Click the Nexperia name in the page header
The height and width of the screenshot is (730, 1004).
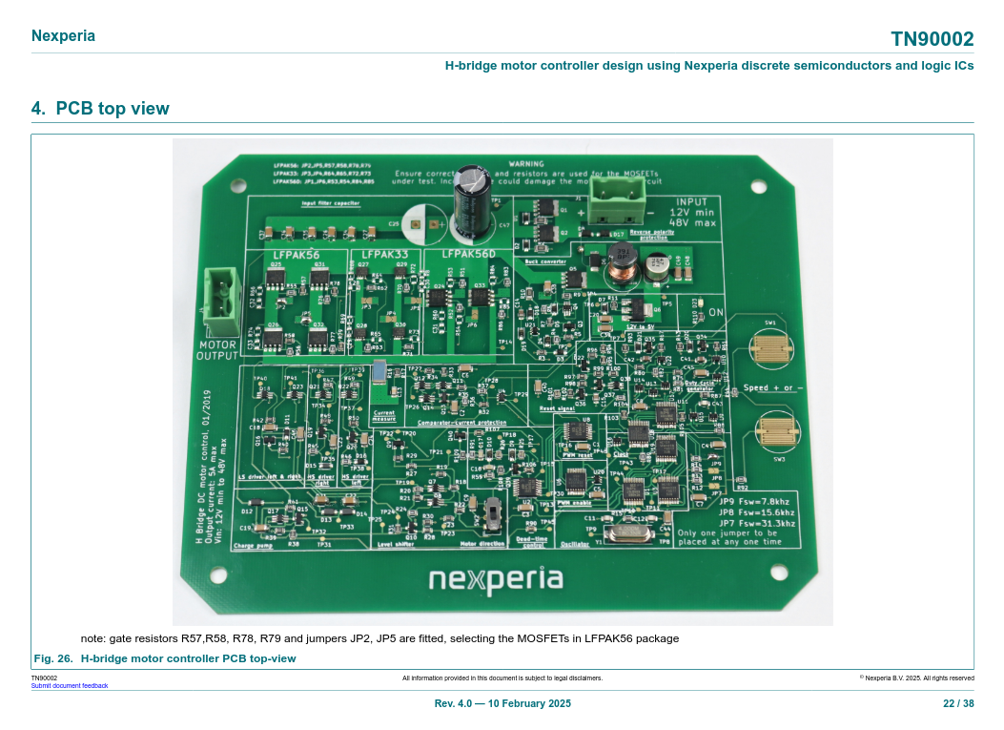click(x=63, y=36)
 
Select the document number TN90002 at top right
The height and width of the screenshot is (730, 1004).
click(x=932, y=39)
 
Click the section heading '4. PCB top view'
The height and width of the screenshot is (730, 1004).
click(x=100, y=109)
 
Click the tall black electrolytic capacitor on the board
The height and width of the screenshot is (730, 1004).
click(x=472, y=204)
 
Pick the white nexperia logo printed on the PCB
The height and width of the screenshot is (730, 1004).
click(x=495, y=579)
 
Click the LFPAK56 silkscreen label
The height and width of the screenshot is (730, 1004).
click(x=297, y=256)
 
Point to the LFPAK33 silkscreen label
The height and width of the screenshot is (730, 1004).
click(x=383, y=256)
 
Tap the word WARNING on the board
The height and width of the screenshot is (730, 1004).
click(x=525, y=164)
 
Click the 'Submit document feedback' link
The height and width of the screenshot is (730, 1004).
click(x=70, y=685)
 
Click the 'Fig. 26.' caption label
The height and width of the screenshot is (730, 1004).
click(x=53, y=658)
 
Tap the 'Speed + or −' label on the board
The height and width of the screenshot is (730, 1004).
click(x=772, y=388)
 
